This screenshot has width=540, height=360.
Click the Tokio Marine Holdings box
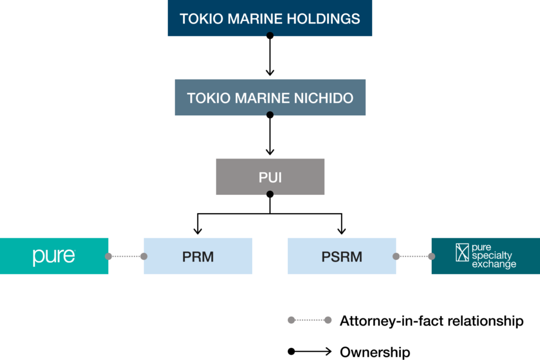point(270,18)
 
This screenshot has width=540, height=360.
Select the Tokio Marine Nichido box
point(270,97)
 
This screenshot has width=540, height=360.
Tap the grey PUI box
point(270,176)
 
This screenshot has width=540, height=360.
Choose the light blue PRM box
point(198,256)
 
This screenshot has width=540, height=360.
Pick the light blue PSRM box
point(342,256)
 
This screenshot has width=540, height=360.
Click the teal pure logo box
point(54,256)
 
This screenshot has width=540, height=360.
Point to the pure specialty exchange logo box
point(486,256)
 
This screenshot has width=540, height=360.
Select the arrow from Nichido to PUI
point(270,136)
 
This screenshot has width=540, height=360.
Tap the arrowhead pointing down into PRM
point(198,230)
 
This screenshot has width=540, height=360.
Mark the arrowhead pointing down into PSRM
point(342,230)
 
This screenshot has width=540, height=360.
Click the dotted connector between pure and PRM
point(126,256)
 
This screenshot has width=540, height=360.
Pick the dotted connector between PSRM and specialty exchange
point(414,256)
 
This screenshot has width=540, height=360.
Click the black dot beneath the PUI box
point(270,194)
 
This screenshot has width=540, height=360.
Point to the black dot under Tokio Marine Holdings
point(270,36)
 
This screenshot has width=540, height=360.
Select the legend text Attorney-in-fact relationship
point(431,320)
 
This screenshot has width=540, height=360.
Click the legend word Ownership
point(374,352)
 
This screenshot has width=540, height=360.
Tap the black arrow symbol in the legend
point(310,352)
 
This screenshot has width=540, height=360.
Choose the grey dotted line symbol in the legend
point(310,320)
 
